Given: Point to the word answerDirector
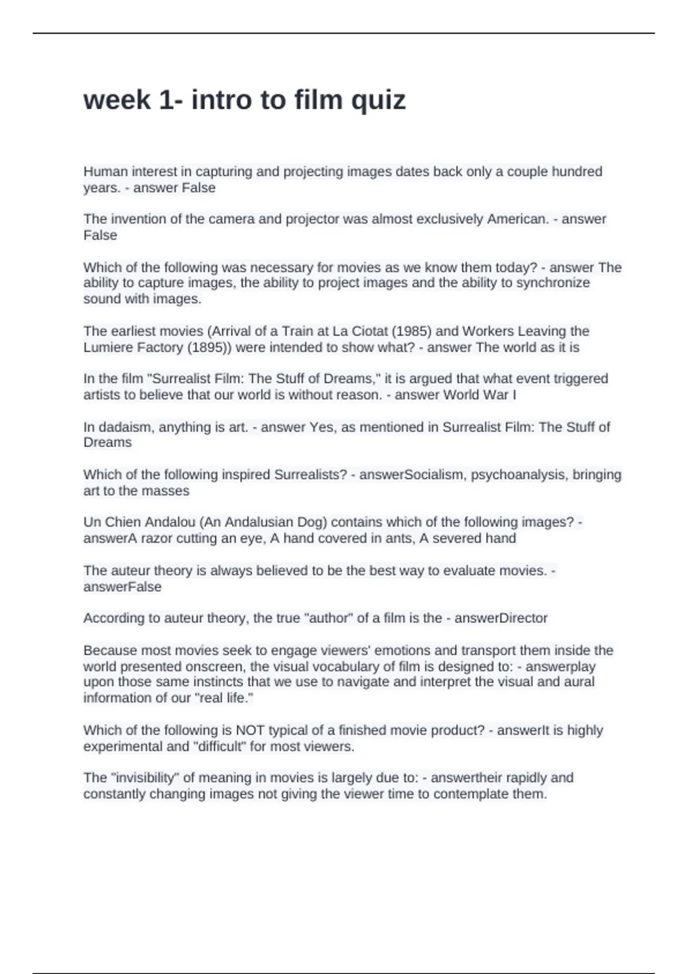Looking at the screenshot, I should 501,618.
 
